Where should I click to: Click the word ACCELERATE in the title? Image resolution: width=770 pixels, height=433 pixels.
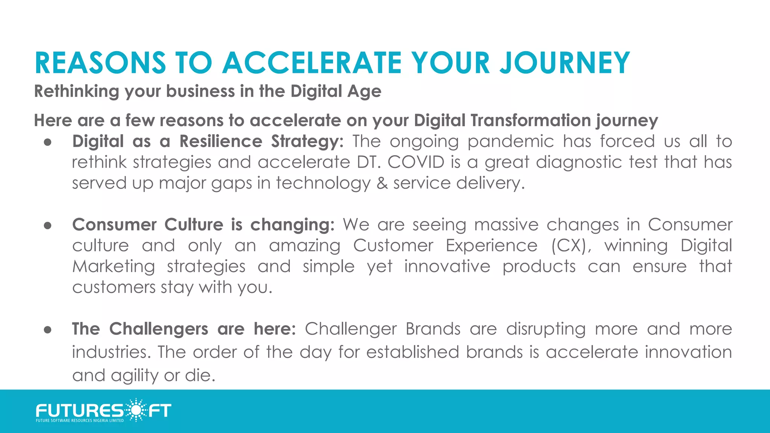point(312,63)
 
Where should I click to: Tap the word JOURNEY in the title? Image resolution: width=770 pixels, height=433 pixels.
point(565,63)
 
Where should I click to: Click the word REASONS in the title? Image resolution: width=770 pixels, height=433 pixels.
point(100,63)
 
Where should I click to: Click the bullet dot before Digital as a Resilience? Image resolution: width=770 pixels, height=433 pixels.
point(47,142)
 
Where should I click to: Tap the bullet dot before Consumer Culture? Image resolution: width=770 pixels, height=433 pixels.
point(47,226)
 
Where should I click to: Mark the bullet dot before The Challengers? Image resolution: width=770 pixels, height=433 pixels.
point(47,330)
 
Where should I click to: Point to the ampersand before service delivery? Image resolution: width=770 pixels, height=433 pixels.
point(382,183)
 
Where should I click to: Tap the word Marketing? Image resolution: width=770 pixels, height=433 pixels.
point(114,266)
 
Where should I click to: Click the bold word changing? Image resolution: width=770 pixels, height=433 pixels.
point(292,225)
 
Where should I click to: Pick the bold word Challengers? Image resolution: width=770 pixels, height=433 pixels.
point(158,329)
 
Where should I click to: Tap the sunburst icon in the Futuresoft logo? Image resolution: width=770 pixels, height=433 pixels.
point(136,410)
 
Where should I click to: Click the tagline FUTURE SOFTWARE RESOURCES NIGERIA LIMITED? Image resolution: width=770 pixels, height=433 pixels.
point(80,421)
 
